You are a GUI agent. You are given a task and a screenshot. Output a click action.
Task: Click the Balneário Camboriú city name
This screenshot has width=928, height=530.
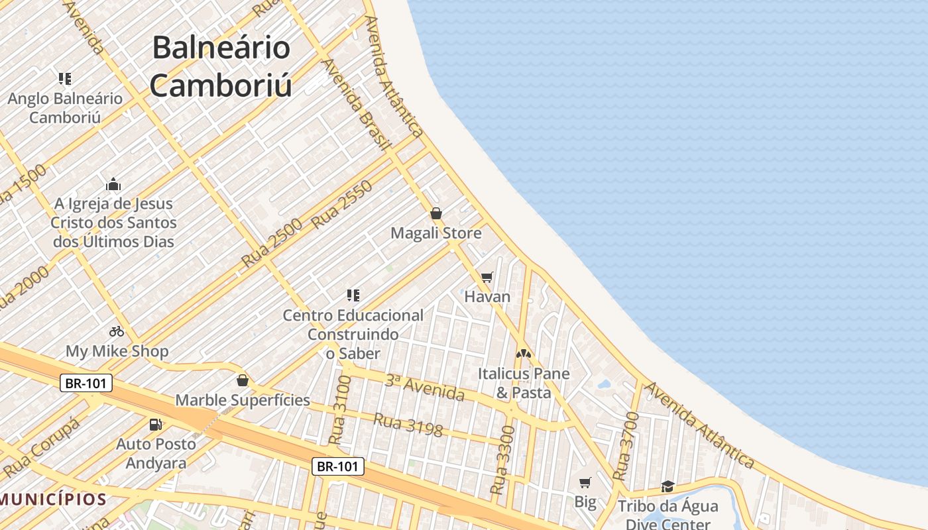pos(221,66)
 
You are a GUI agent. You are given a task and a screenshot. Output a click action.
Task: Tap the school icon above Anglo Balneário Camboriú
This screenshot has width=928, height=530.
pos(65,79)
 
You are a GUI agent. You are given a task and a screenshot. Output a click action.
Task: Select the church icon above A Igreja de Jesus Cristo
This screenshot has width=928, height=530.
pos(113,184)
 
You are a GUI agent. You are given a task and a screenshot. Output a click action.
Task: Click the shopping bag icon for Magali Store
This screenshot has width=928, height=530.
pos(436,213)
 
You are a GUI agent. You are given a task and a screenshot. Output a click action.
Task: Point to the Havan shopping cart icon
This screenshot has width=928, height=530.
pos(487,277)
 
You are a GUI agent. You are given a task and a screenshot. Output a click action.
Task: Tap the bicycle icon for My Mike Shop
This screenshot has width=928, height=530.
pos(117,331)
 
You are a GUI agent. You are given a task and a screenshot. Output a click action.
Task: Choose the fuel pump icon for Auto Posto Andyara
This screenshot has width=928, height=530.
pos(156,424)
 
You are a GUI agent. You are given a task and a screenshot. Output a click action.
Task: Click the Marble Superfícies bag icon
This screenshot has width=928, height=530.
pos(243,380)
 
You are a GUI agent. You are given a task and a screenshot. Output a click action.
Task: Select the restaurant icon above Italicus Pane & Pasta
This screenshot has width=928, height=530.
pos(524,354)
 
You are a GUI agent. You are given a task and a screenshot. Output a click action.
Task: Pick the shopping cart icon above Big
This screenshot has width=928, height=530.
pos(585,482)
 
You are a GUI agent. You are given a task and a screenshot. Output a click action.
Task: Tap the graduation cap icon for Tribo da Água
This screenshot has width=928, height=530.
pos(667,487)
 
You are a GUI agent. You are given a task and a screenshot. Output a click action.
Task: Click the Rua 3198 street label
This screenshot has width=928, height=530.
pos(408,425)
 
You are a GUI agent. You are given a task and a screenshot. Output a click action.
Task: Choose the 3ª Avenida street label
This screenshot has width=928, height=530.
pos(425,387)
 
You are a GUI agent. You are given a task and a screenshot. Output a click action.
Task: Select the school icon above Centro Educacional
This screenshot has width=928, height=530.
pos(353,295)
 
